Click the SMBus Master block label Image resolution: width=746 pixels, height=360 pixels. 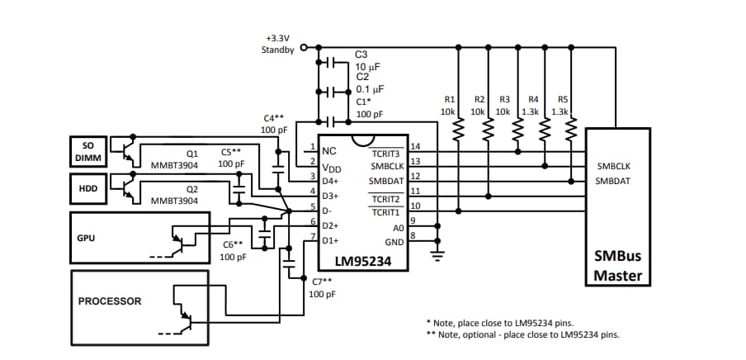tap(617, 266)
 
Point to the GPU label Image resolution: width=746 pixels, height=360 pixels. tap(86, 238)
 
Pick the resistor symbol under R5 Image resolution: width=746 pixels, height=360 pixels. tap(569, 129)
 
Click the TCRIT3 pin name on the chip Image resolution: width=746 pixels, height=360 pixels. tap(385, 154)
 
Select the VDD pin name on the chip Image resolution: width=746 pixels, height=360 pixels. tap(331, 167)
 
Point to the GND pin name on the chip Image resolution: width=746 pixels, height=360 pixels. tap(394, 242)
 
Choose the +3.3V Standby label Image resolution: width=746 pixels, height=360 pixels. tap(279, 44)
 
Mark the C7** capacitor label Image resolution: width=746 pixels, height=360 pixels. tap(322, 287)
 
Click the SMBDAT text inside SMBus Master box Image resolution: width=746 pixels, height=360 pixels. tap(612, 180)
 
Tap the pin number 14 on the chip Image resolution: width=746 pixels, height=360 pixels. tap(415, 146)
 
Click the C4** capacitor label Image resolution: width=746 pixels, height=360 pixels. tap(273, 124)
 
